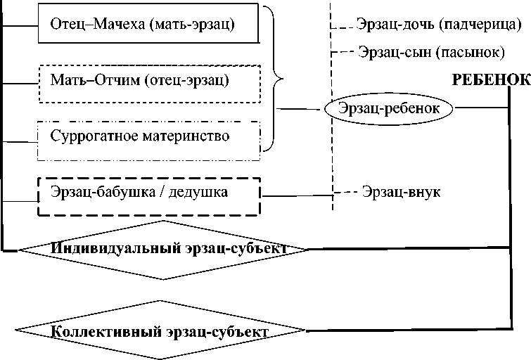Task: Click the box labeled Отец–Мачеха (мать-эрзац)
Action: click(x=143, y=26)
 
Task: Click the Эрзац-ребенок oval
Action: click(x=389, y=108)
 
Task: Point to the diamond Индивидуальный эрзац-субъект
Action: click(x=162, y=248)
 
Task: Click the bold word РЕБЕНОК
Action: click(x=490, y=80)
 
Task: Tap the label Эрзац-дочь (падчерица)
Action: click(x=439, y=25)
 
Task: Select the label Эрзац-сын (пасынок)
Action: click(x=431, y=52)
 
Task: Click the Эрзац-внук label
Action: click(x=401, y=192)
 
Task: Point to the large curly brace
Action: click(x=274, y=79)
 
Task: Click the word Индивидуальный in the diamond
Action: click(x=103, y=249)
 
